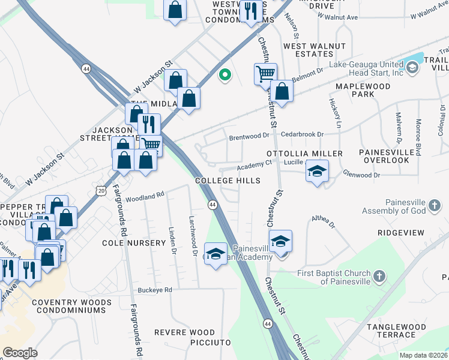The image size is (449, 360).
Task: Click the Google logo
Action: click(20, 352)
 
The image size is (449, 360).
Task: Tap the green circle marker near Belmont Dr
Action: click(225, 75)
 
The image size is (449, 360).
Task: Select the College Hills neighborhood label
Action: click(228, 181)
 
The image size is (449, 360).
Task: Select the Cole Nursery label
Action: click(134, 243)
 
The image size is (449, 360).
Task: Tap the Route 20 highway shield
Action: click(100, 190)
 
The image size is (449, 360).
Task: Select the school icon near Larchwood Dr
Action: click(215, 253)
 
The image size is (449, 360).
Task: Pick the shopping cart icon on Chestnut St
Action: click(265, 74)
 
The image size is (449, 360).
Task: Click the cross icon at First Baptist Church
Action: click(379, 277)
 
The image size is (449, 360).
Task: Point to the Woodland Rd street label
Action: click(145, 196)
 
